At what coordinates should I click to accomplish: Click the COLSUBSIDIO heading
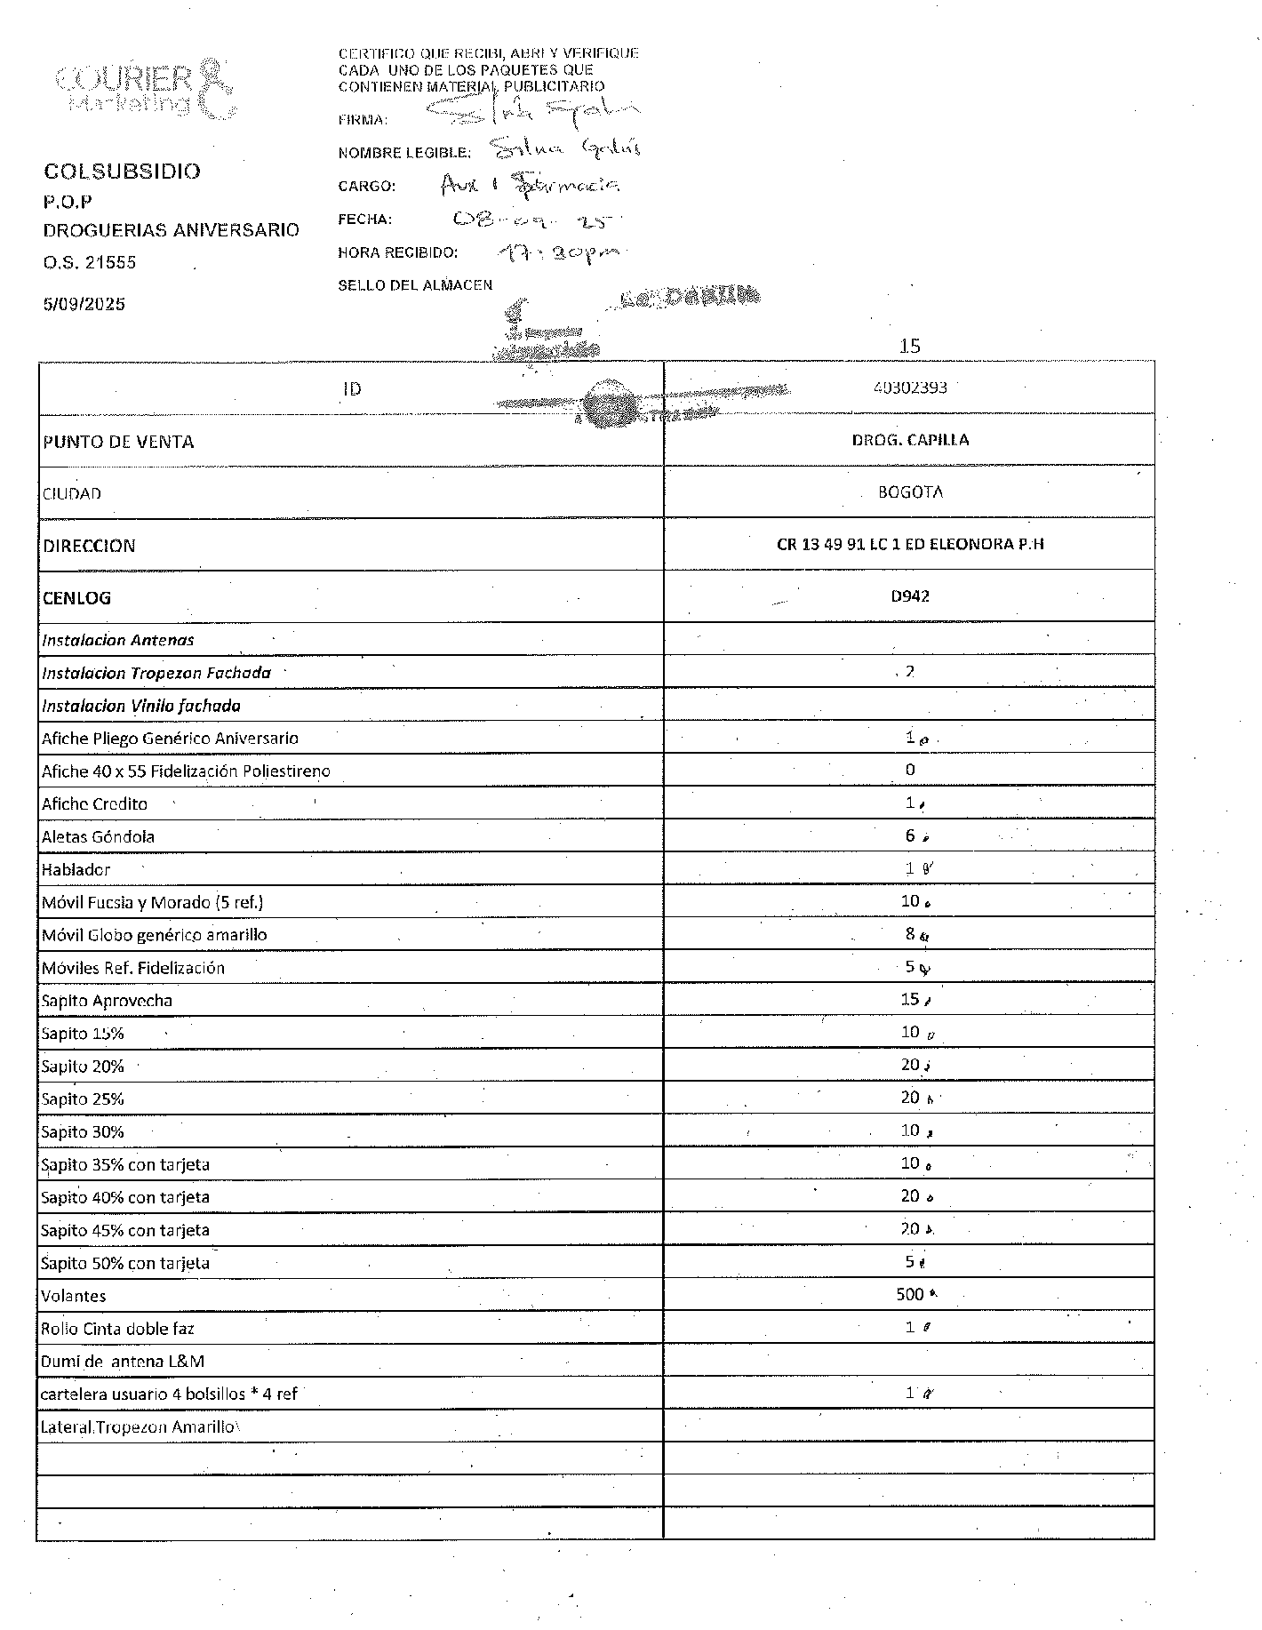point(123,172)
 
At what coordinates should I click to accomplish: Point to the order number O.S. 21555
point(90,262)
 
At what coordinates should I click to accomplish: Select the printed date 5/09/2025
point(84,304)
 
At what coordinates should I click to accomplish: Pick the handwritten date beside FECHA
point(533,220)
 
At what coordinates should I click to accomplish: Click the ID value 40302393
point(910,388)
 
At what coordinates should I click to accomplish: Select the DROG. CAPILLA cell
point(910,440)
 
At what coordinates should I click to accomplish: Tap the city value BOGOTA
point(910,491)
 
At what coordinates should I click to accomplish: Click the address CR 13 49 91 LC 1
point(910,544)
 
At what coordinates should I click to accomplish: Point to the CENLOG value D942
point(910,596)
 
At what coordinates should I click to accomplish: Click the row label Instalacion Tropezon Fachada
point(156,673)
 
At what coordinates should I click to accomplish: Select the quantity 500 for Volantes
point(910,1294)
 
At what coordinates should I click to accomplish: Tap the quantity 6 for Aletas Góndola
point(910,835)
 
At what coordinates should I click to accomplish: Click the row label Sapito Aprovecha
point(107,1001)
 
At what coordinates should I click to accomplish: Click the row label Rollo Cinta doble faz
point(117,1329)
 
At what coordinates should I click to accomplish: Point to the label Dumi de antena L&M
point(123,1362)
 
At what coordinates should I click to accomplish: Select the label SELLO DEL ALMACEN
point(415,285)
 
